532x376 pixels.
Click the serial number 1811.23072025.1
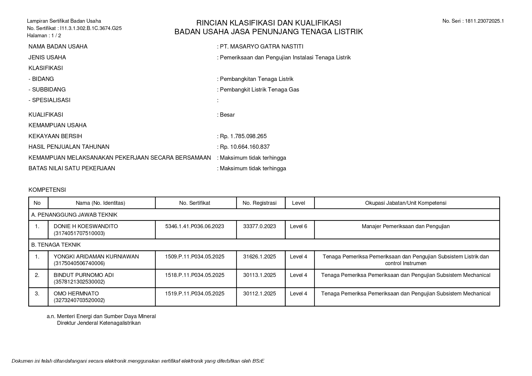[x=484, y=21]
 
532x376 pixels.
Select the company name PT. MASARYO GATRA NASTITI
[x=261, y=46]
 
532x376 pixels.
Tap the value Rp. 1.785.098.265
[x=243, y=136]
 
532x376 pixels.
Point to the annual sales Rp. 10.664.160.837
[x=244, y=147]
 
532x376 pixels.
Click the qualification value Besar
[x=227, y=115]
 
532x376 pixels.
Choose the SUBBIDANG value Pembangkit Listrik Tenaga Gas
[x=259, y=89]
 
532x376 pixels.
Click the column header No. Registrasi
[x=259, y=203]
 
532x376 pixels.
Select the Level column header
[x=298, y=203]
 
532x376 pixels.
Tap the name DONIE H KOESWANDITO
[x=86, y=226]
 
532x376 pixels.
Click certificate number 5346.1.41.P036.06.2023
[x=194, y=226]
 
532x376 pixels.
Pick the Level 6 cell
[x=298, y=226]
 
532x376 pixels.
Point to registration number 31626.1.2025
[x=259, y=257]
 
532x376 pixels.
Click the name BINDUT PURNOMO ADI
[x=84, y=275]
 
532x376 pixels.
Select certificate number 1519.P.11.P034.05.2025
[x=194, y=294]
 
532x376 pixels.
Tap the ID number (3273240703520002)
[x=79, y=300]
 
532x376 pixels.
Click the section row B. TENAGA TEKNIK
[x=56, y=245]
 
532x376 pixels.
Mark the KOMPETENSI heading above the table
[x=47, y=190]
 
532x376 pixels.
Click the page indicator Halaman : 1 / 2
[x=44, y=35]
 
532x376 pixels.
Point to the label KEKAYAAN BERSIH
[x=55, y=136]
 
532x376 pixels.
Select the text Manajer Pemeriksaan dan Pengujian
[x=406, y=226]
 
